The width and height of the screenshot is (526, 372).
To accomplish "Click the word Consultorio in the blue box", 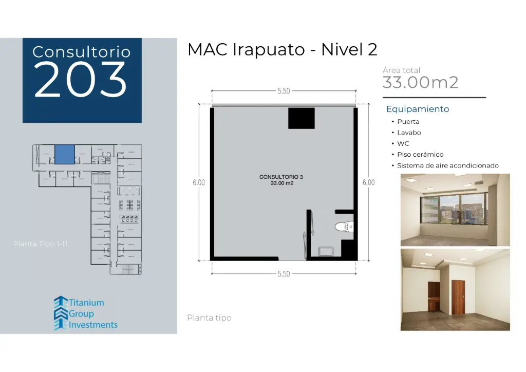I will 81,52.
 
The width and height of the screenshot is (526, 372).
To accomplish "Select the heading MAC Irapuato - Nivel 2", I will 283,50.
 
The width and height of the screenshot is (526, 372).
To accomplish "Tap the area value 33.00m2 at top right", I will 420,82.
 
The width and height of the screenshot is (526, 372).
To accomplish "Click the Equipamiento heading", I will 418,109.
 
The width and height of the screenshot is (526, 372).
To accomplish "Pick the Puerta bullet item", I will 408,122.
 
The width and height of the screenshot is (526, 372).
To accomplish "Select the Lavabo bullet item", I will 409,133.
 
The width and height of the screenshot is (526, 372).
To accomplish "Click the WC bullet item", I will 403,144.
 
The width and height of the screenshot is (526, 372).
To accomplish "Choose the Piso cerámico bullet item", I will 420,155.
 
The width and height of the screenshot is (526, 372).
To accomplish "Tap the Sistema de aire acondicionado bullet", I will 447,165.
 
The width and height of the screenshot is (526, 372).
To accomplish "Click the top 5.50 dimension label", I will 284,91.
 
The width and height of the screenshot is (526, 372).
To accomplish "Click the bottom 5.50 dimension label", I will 284,274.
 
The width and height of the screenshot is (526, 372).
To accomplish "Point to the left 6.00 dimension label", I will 199,182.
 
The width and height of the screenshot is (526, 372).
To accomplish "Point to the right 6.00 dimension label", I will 368,182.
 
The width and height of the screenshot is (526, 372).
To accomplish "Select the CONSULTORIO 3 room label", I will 281,177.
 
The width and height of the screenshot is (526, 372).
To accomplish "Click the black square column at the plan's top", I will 301,118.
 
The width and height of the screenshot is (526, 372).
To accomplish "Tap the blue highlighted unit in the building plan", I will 65,154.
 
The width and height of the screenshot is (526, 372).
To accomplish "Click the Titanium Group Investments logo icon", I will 61,312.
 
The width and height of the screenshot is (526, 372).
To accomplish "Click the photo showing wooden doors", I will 455,289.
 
